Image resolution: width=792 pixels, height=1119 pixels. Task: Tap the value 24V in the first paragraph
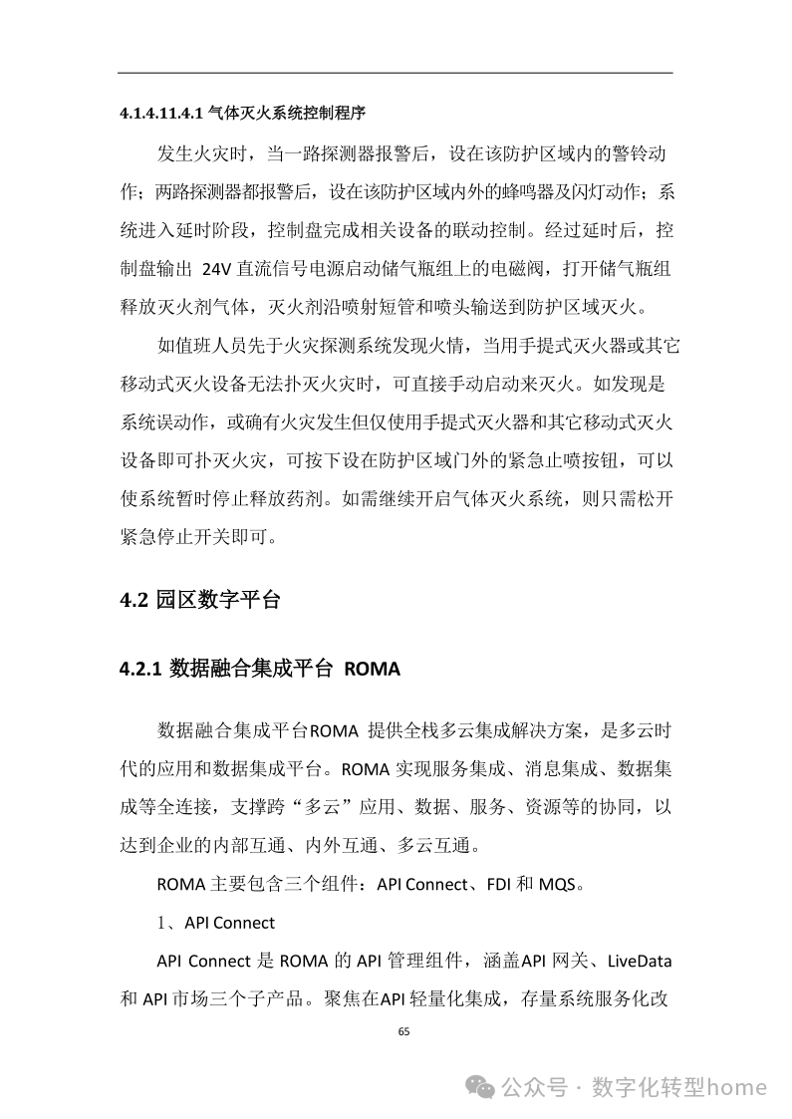click(216, 267)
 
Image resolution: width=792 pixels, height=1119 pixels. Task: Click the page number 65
click(403, 1031)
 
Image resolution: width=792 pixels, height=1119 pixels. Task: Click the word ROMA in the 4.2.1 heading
click(372, 669)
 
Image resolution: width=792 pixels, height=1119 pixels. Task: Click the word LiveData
click(633, 962)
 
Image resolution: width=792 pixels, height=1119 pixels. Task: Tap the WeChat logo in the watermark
click(482, 1086)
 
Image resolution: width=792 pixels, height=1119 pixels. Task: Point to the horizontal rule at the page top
click(396, 72)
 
